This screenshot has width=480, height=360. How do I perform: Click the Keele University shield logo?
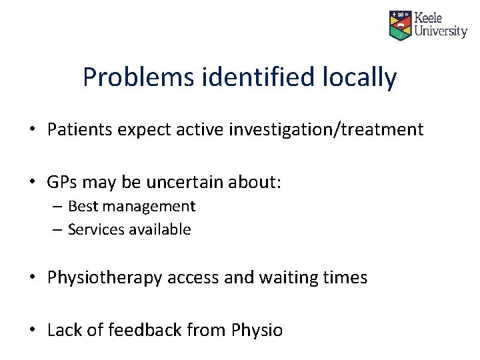coord(401,25)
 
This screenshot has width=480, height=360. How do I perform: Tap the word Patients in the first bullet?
coord(80,129)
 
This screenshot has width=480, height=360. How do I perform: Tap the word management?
coord(148,207)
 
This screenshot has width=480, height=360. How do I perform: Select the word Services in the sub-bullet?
coord(94,230)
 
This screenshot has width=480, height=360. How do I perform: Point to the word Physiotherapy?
coord(105,277)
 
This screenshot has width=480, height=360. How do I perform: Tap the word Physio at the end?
coord(257,330)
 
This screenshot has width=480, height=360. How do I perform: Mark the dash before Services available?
coord(57,230)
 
